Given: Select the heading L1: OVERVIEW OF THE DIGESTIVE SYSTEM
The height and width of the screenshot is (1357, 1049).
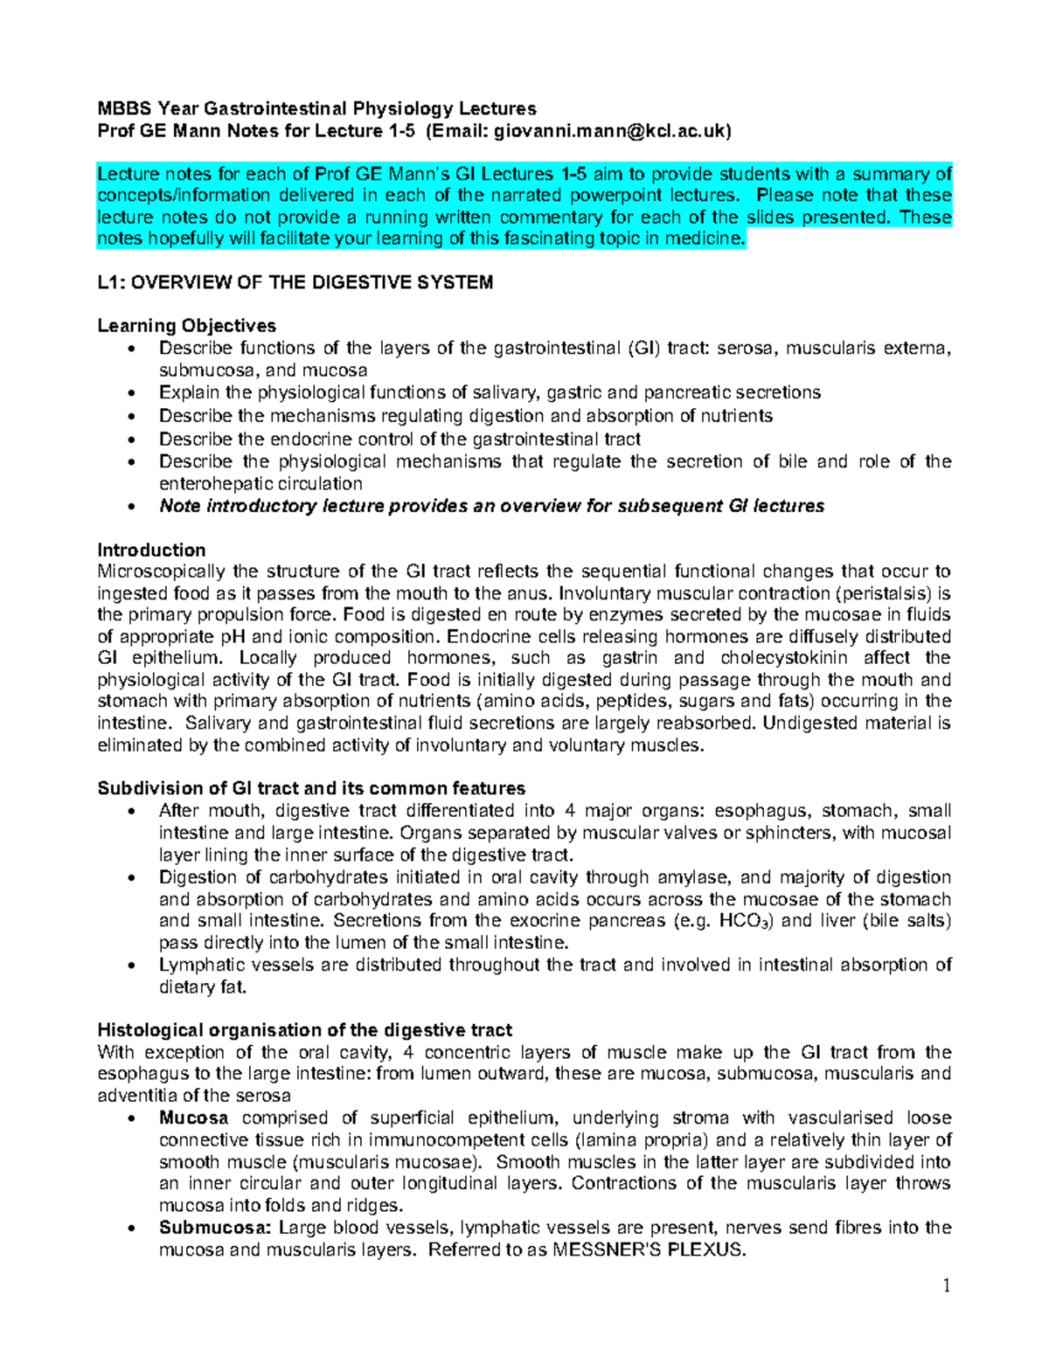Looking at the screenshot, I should pos(295,282).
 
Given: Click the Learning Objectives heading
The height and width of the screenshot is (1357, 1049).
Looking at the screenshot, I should pos(186,326).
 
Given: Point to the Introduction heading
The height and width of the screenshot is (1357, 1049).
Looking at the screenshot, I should pos(151,550).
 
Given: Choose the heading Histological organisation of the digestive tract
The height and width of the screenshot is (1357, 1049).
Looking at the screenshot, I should pos(304,1029).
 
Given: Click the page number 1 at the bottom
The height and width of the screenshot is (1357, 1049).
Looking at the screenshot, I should pos(946,1285).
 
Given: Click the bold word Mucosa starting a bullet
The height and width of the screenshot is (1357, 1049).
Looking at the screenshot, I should pos(194,1118).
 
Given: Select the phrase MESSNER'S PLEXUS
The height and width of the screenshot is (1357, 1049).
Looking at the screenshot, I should pos(650,1250).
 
